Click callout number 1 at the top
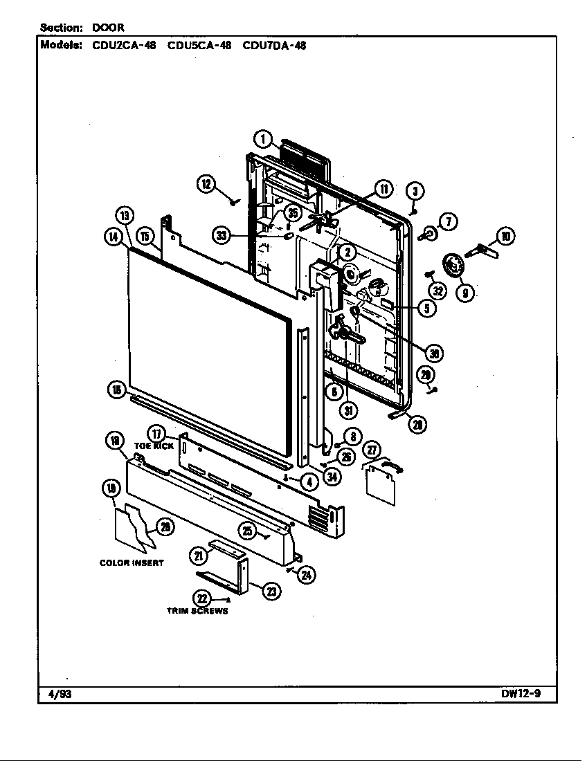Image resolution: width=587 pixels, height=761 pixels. point(263,138)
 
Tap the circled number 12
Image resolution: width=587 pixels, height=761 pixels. point(206,183)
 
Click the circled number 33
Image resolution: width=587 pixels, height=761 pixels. point(222,236)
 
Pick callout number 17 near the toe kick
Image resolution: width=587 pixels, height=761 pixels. point(158,434)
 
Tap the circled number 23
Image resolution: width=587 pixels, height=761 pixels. point(272,591)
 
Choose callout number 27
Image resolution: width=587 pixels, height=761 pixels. point(372,450)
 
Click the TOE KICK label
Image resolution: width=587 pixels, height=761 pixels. point(154,446)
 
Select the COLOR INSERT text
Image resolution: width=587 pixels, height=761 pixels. point(132,562)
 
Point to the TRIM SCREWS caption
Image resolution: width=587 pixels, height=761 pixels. point(197,611)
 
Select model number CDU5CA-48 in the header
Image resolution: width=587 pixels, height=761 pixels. point(199,46)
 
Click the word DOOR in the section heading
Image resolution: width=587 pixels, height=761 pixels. point(108,28)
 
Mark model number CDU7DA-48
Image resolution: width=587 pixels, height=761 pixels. point(274,46)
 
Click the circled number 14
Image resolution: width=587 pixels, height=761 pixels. point(111,237)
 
